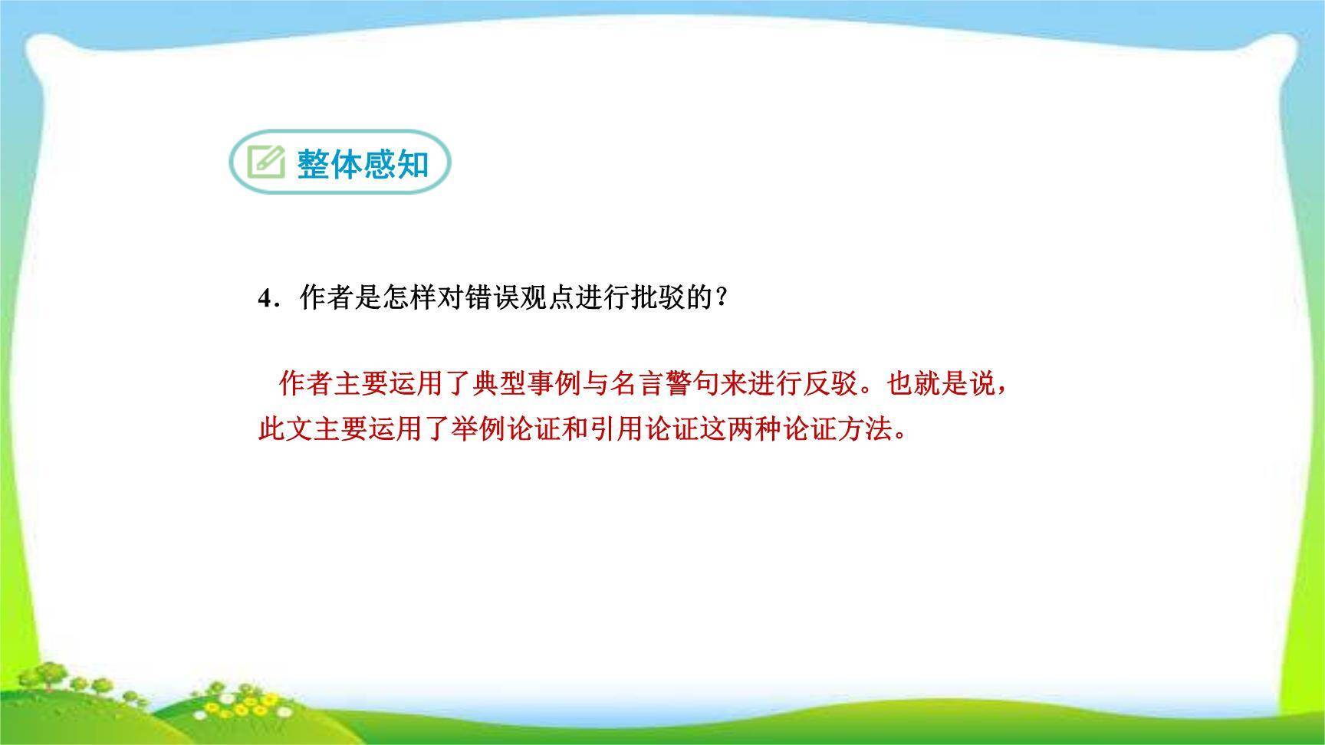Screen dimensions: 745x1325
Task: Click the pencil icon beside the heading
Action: pos(265,162)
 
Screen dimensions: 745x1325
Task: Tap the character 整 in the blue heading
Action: pos(314,163)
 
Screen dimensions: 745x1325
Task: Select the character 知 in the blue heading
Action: pos(413,163)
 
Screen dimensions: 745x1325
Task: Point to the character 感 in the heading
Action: pos(380,163)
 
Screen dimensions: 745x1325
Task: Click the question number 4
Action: pos(265,298)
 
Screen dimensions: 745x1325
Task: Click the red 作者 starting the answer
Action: pos(306,383)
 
